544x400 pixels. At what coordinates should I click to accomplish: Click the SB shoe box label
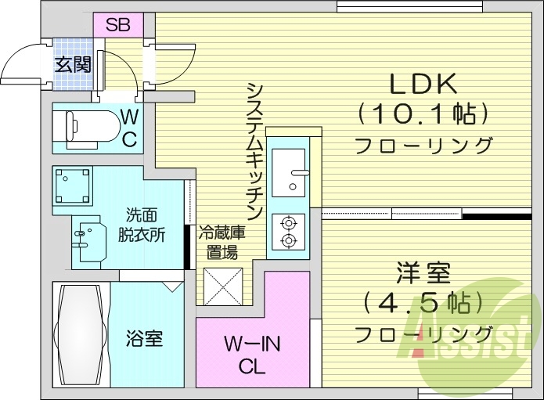(x=118, y=24)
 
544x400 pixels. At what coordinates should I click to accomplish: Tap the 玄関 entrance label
(x=73, y=64)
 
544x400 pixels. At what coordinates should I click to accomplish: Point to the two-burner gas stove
(x=288, y=232)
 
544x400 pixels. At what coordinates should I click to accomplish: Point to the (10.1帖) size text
(x=423, y=114)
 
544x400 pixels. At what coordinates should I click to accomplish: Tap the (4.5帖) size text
(x=422, y=304)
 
